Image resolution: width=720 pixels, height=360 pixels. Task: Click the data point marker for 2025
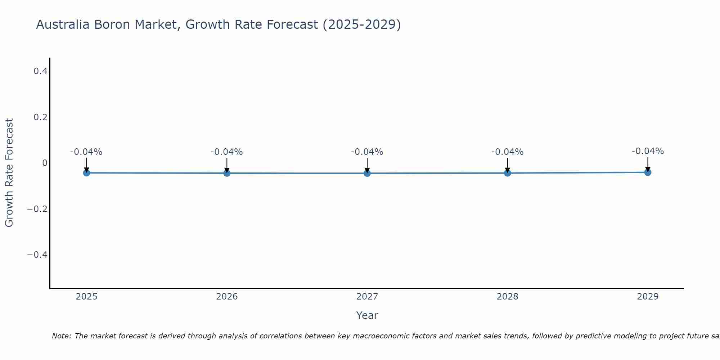pos(86,173)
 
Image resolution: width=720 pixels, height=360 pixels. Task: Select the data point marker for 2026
pos(227,173)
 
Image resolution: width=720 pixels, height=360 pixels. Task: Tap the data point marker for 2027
pos(367,173)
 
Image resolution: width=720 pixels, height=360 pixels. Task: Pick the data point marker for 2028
pos(507,173)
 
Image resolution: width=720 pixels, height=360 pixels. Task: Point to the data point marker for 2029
pos(648,172)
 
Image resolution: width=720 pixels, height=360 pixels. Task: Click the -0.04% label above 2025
pos(86,152)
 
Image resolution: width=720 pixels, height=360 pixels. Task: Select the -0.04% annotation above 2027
pos(367,152)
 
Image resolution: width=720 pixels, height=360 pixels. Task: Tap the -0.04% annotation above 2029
pos(648,151)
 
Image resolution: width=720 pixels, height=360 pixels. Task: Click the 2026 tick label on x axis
pos(227,297)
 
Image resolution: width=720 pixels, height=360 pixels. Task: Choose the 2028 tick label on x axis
pos(507,297)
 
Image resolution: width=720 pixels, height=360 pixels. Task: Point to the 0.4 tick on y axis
pos(40,71)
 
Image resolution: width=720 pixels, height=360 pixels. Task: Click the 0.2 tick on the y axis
pos(40,117)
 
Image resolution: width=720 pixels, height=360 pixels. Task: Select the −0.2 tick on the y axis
pos(37,209)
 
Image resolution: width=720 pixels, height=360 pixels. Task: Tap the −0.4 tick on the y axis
pos(37,255)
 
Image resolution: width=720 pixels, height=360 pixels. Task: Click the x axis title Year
pos(367,316)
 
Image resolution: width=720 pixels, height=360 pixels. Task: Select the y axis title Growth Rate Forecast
pos(9,173)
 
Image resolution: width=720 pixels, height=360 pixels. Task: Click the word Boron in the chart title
pos(113,24)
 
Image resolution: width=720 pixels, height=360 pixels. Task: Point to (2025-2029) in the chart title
pos(361,24)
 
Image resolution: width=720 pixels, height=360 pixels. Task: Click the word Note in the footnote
pos(61,336)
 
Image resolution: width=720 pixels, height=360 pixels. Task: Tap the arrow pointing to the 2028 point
pos(507,165)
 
